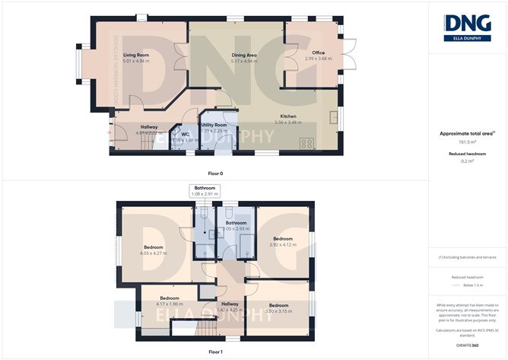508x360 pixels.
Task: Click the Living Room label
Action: tap(136, 55)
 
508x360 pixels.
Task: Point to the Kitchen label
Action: tap(288, 116)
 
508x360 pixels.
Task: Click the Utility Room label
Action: tap(214, 125)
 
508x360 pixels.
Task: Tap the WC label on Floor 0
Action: tap(184, 135)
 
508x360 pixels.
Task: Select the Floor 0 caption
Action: tap(215, 174)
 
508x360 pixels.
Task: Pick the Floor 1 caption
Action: tap(215, 352)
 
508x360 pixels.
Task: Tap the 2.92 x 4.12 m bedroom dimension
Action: tap(284, 244)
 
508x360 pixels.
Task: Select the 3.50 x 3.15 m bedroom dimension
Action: tap(278, 311)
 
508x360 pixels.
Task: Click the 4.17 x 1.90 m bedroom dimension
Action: tap(169, 304)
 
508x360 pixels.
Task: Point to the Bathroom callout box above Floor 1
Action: tap(205, 191)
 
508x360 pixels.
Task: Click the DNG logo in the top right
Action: tap(467, 26)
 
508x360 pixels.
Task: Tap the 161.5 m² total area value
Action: tap(467, 142)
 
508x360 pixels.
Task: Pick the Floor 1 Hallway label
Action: tap(230, 303)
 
